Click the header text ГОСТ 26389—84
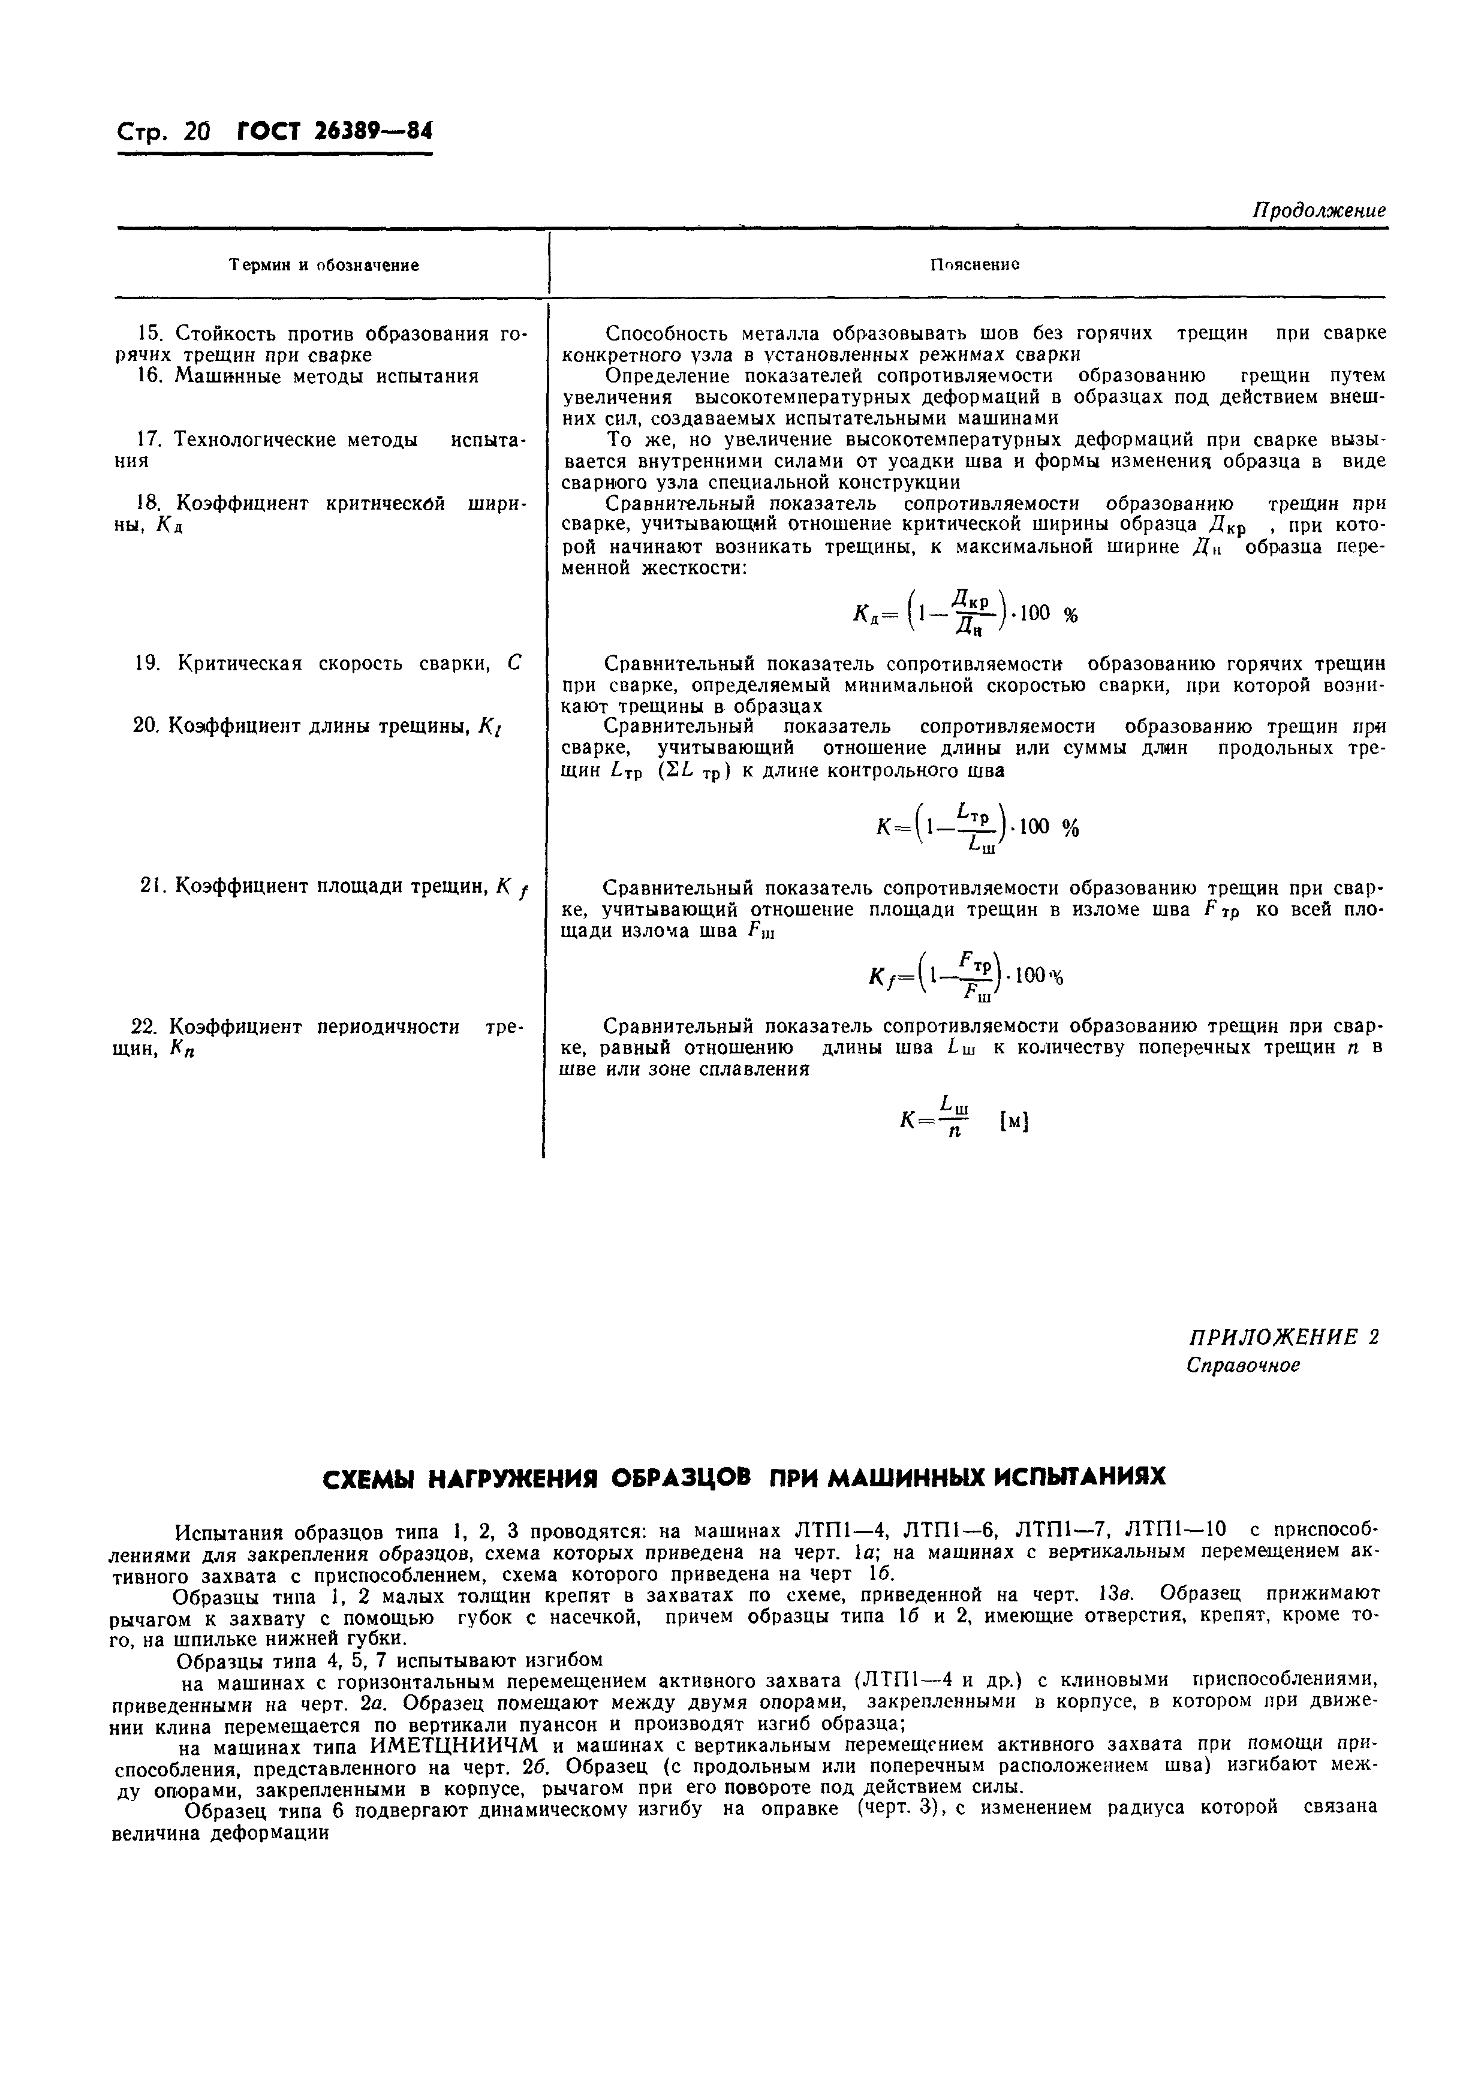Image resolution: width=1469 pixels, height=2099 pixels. pos(333,132)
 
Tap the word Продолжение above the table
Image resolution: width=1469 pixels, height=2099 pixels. pos(1318,210)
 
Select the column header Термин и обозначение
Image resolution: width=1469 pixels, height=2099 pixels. pos(324,265)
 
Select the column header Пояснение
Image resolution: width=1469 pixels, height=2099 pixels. pos(974,264)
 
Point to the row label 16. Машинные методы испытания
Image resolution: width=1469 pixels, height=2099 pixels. pos(307,376)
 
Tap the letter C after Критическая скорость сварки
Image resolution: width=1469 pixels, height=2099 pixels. pos(513,662)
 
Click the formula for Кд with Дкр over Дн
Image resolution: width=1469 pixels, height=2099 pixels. pos(964,613)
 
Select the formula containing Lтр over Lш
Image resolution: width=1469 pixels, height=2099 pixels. pos(976,828)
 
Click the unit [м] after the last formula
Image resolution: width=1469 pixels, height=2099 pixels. pos(1015,1121)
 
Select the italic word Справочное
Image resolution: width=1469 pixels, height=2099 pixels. pos(1242,1366)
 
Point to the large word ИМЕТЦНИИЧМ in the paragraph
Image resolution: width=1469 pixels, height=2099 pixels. pos(450,1744)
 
